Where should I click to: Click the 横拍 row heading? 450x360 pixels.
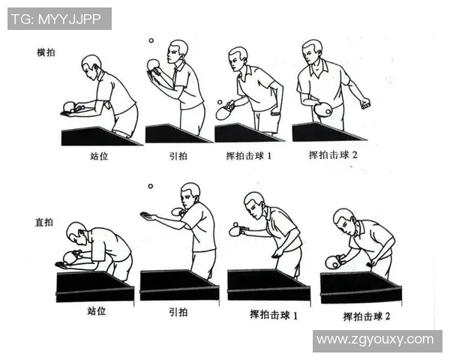46,53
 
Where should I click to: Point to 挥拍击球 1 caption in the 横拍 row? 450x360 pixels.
250,156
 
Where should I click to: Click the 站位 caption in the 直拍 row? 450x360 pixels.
97,310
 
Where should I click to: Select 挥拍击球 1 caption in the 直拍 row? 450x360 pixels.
273,315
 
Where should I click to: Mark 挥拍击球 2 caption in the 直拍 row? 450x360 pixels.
367,316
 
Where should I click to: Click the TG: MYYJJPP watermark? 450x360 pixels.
59,19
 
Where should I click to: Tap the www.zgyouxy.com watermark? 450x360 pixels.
374,340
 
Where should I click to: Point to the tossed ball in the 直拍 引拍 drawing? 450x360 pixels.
150,186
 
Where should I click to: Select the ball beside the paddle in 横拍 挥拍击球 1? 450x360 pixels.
219,102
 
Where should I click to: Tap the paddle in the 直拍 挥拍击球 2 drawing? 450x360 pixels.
332,262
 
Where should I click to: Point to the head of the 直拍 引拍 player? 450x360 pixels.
190,193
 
